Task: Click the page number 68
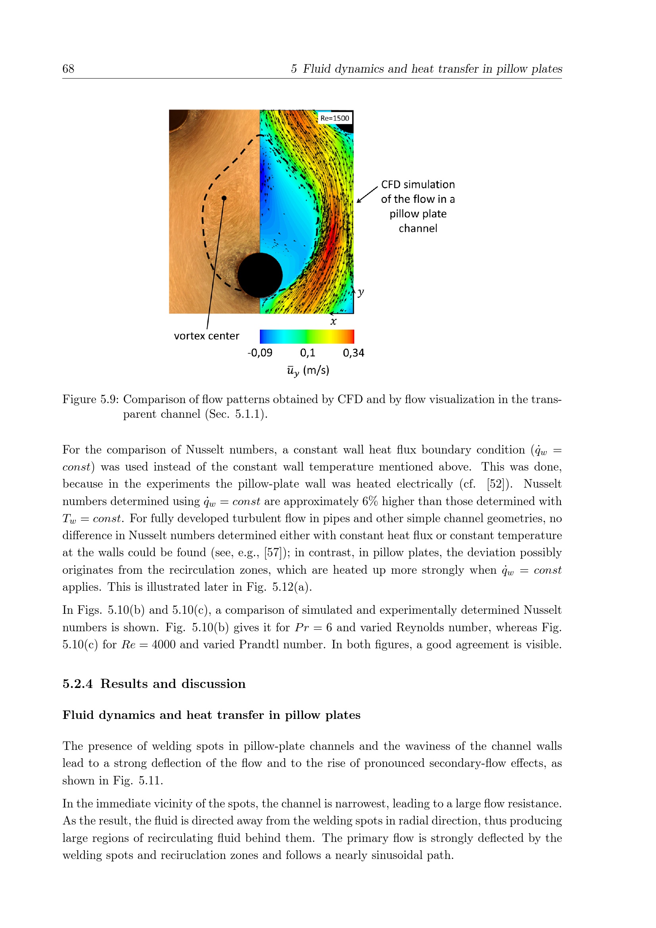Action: [68, 69]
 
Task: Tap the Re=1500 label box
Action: [334, 118]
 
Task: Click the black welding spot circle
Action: [260, 275]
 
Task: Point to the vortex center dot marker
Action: [224, 198]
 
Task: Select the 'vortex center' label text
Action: [206, 336]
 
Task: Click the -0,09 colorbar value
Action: [260, 353]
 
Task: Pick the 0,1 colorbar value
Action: [307, 353]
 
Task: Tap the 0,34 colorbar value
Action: [353, 353]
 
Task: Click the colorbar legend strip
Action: [307, 336]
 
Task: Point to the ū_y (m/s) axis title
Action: [308, 371]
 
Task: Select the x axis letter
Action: [333, 322]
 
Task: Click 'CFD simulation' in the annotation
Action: [418, 185]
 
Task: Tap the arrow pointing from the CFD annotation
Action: [367, 195]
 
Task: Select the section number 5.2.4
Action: [78, 684]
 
